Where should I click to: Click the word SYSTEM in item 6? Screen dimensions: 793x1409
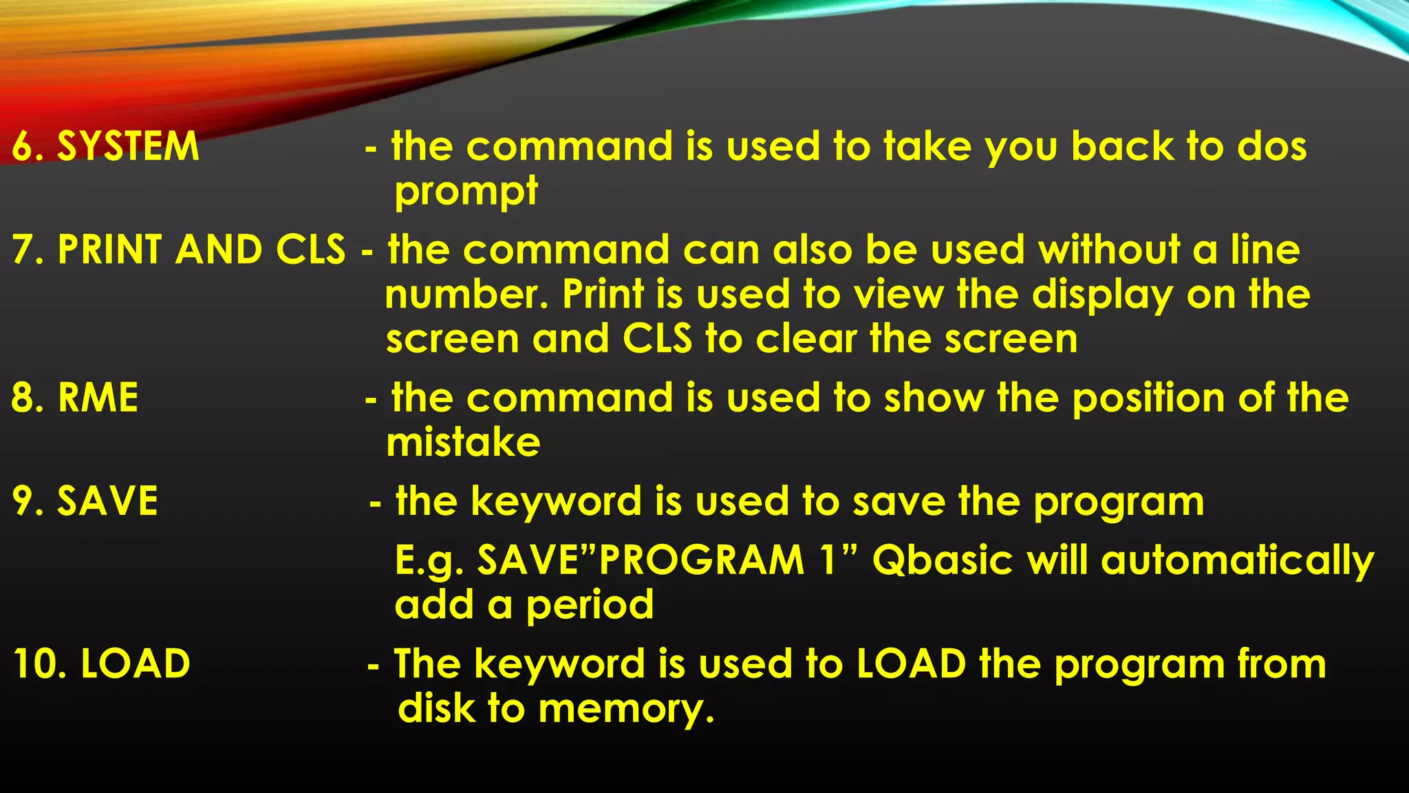click(x=128, y=147)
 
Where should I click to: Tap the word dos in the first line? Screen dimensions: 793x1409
click(x=1272, y=147)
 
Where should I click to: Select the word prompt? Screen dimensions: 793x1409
click(x=466, y=191)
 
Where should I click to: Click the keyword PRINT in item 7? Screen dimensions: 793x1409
click(x=110, y=249)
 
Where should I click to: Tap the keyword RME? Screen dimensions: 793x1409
click(x=98, y=398)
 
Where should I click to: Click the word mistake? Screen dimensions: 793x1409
click(x=463, y=443)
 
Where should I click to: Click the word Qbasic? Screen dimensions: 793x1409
click(x=942, y=560)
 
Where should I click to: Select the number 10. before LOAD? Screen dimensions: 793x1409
click(x=39, y=664)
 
